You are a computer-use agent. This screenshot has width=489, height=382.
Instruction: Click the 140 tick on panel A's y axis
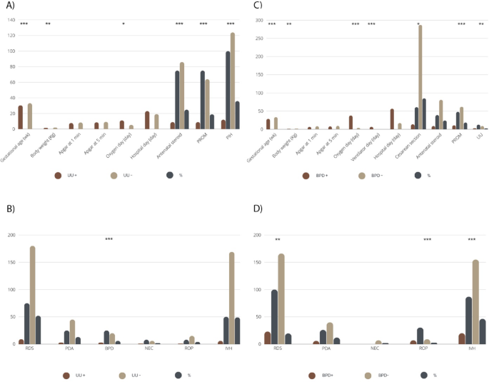click(x=10, y=20)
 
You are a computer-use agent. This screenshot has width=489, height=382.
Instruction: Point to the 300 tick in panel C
click(x=257, y=20)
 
